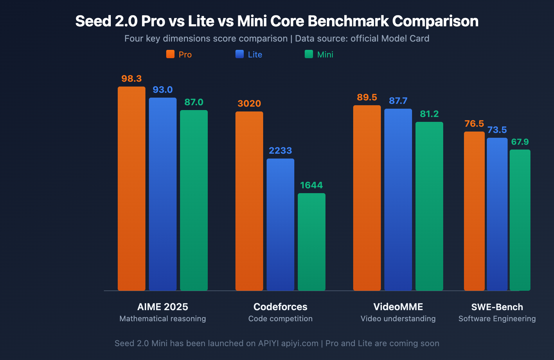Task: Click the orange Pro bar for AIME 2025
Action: [x=132, y=189]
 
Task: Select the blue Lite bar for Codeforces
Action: [x=280, y=224]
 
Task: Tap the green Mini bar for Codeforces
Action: [x=312, y=242]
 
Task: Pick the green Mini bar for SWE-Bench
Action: [x=520, y=220]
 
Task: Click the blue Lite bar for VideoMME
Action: [x=398, y=199]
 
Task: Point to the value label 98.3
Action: [x=132, y=79]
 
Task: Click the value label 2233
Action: [x=280, y=151]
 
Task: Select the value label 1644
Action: [x=312, y=185]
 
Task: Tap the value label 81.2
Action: [x=429, y=114]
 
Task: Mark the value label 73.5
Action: [x=497, y=130]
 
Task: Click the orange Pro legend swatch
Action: [x=170, y=54]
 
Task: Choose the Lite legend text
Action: [x=255, y=55]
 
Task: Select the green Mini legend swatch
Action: [x=309, y=54]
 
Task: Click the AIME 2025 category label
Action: [x=163, y=307]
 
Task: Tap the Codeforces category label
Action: [x=280, y=307]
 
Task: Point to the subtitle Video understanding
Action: [x=398, y=318]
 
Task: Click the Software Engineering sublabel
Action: [x=497, y=318]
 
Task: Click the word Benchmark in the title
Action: [x=348, y=21]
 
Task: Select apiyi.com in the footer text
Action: [x=300, y=343]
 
